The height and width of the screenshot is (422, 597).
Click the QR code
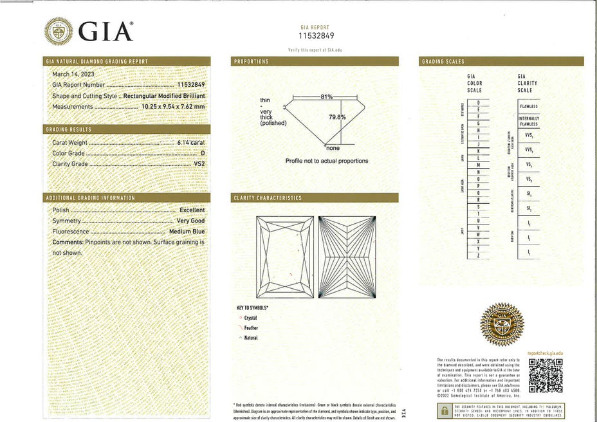(546, 375)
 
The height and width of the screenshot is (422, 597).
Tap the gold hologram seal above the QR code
(502, 324)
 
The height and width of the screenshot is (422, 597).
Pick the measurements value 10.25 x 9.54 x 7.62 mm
(173, 106)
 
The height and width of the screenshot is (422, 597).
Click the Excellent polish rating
(192, 210)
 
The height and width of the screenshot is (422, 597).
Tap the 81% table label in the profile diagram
(326, 96)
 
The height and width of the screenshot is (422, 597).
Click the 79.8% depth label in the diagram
(338, 117)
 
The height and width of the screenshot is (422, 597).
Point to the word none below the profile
(333, 148)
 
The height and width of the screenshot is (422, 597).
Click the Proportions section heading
(252, 61)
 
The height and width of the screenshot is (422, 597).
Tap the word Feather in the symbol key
(251, 327)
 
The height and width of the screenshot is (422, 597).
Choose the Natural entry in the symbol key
(251, 338)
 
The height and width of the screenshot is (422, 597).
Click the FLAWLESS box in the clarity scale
(528, 106)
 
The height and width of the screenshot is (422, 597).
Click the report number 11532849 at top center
(315, 36)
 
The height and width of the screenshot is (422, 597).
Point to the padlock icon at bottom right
(444, 411)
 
